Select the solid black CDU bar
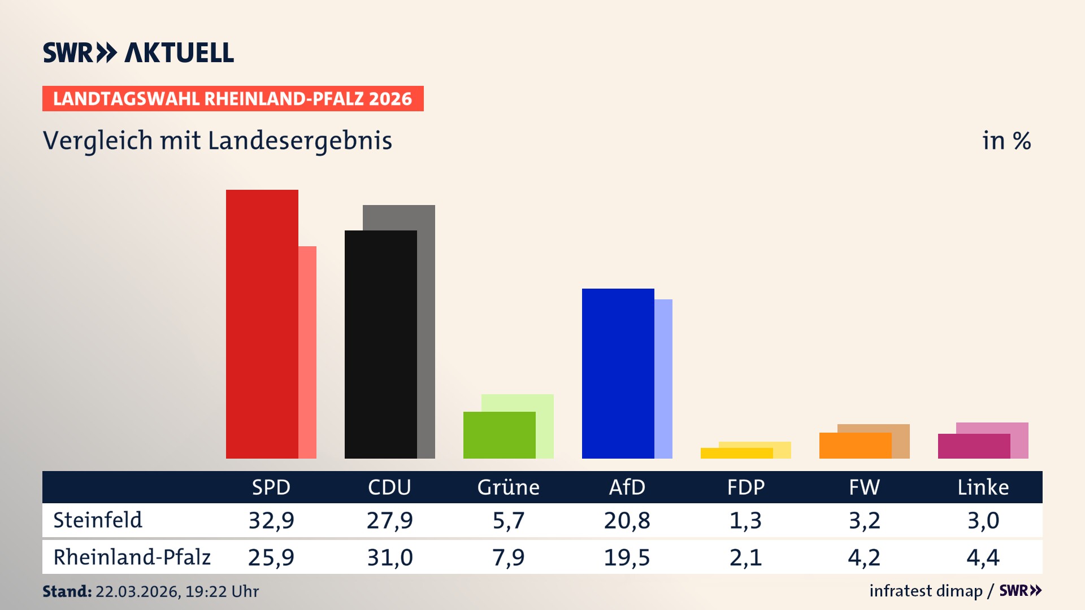(380, 344)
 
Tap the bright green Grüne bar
(499, 435)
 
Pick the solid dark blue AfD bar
(618, 373)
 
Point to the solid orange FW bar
(855, 446)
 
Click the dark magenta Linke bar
(974, 446)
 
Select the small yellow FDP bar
(736, 453)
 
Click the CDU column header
(389, 487)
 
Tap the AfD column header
(627, 487)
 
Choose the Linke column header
(983, 487)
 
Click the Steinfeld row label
(98, 520)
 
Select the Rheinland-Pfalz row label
(132, 557)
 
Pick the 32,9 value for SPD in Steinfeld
(271, 520)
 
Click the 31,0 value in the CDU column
(389, 557)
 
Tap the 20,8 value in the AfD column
(627, 520)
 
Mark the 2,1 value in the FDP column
(745, 557)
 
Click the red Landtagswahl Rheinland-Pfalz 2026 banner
(233, 99)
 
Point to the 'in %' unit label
(1006, 141)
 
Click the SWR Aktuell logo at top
(138, 53)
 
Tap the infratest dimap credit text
(926, 591)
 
